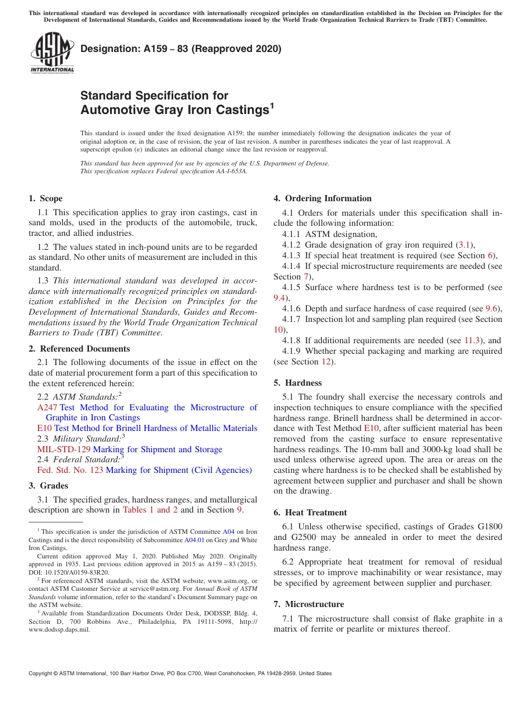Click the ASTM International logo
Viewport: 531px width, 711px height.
click(51, 53)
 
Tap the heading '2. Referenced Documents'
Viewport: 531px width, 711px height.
click(79, 349)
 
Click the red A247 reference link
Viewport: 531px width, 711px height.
click(47, 407)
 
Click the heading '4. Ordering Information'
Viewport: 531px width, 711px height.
click(323, 198)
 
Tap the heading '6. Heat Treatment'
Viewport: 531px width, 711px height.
click(310, 513)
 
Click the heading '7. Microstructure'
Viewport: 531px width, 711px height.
click(309, 604)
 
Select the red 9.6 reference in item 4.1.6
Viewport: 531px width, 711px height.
click(492, 309)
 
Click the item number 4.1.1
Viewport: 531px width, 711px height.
click(291, 234)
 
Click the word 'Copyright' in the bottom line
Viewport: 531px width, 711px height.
click(41, 674)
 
